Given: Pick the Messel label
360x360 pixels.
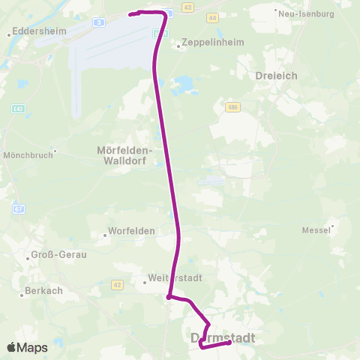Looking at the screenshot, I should [315, 229].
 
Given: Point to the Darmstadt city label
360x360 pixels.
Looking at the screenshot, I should [223, 338].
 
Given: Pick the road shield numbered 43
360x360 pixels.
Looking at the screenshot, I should [187, 7].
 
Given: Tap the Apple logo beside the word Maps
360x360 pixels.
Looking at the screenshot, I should [12, 347].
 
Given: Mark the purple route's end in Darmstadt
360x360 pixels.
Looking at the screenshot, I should [228, 343].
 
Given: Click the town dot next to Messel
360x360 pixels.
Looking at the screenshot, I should [332, 223].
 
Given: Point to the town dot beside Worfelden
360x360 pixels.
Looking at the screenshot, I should [107, 231].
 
